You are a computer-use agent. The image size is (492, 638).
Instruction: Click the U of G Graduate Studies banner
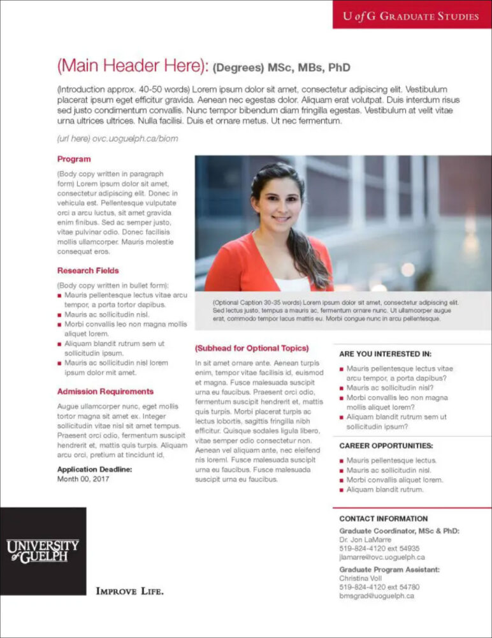pos(411,16)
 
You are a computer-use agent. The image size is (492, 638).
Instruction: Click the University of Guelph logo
pos(43,551)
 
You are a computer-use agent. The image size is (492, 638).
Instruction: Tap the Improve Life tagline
pos(129,591)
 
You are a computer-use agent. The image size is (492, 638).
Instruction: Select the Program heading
pos(74,159)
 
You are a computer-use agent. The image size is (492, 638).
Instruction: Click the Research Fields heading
pos(88,271)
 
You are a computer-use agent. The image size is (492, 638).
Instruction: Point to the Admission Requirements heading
pos(105,391)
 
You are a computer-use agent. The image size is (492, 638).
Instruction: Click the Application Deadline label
pos(94,469)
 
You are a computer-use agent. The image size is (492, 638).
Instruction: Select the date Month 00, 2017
pos(83,478)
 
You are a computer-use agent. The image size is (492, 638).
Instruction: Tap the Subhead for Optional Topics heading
pos(252,348)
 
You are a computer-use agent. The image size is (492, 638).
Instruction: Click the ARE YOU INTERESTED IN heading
pos(385,353)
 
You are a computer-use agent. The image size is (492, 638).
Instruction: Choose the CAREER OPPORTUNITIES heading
pos(386,446)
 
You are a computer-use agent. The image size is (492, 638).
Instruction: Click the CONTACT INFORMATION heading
pos(383,519)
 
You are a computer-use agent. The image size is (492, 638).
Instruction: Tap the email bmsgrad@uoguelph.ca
pos(377,596)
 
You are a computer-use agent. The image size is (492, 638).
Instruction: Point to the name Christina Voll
pos(361,578)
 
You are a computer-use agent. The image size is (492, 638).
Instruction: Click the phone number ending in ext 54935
pos(379,548)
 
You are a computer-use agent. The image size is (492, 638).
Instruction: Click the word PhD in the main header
pos(338,68)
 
